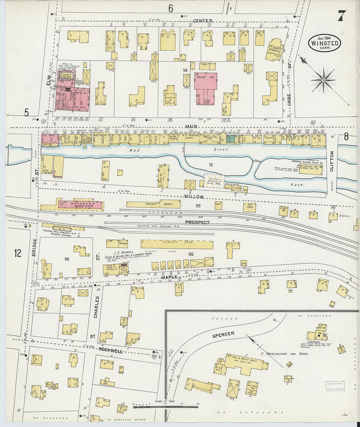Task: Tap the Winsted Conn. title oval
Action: (325, 43)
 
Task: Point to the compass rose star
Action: (323, 80)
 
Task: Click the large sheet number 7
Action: (342, 15)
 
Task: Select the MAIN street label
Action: (191, 126)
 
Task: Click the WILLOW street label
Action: (193, 197)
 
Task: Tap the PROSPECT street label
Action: (197, 222)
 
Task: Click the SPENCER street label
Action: (223, 334)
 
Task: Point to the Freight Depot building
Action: (153, 204)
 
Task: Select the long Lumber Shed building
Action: (177, 244)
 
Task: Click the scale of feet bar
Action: (165, 407)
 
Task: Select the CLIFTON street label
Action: (332, 161)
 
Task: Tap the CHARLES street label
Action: (96, 307)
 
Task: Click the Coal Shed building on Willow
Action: (249, 206)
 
